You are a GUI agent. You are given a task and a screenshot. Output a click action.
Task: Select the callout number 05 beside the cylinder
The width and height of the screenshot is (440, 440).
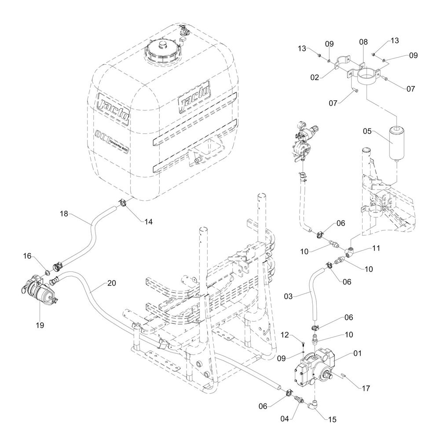(x=368, y=132)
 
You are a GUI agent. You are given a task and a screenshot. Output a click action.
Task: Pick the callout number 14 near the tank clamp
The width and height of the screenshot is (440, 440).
(x=148, y=222)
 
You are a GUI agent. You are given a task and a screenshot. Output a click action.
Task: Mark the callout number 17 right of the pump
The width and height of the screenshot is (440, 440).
(x=365, y=388)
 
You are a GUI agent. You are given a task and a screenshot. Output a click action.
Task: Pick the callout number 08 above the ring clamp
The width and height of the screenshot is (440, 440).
(x=363, y=42)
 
